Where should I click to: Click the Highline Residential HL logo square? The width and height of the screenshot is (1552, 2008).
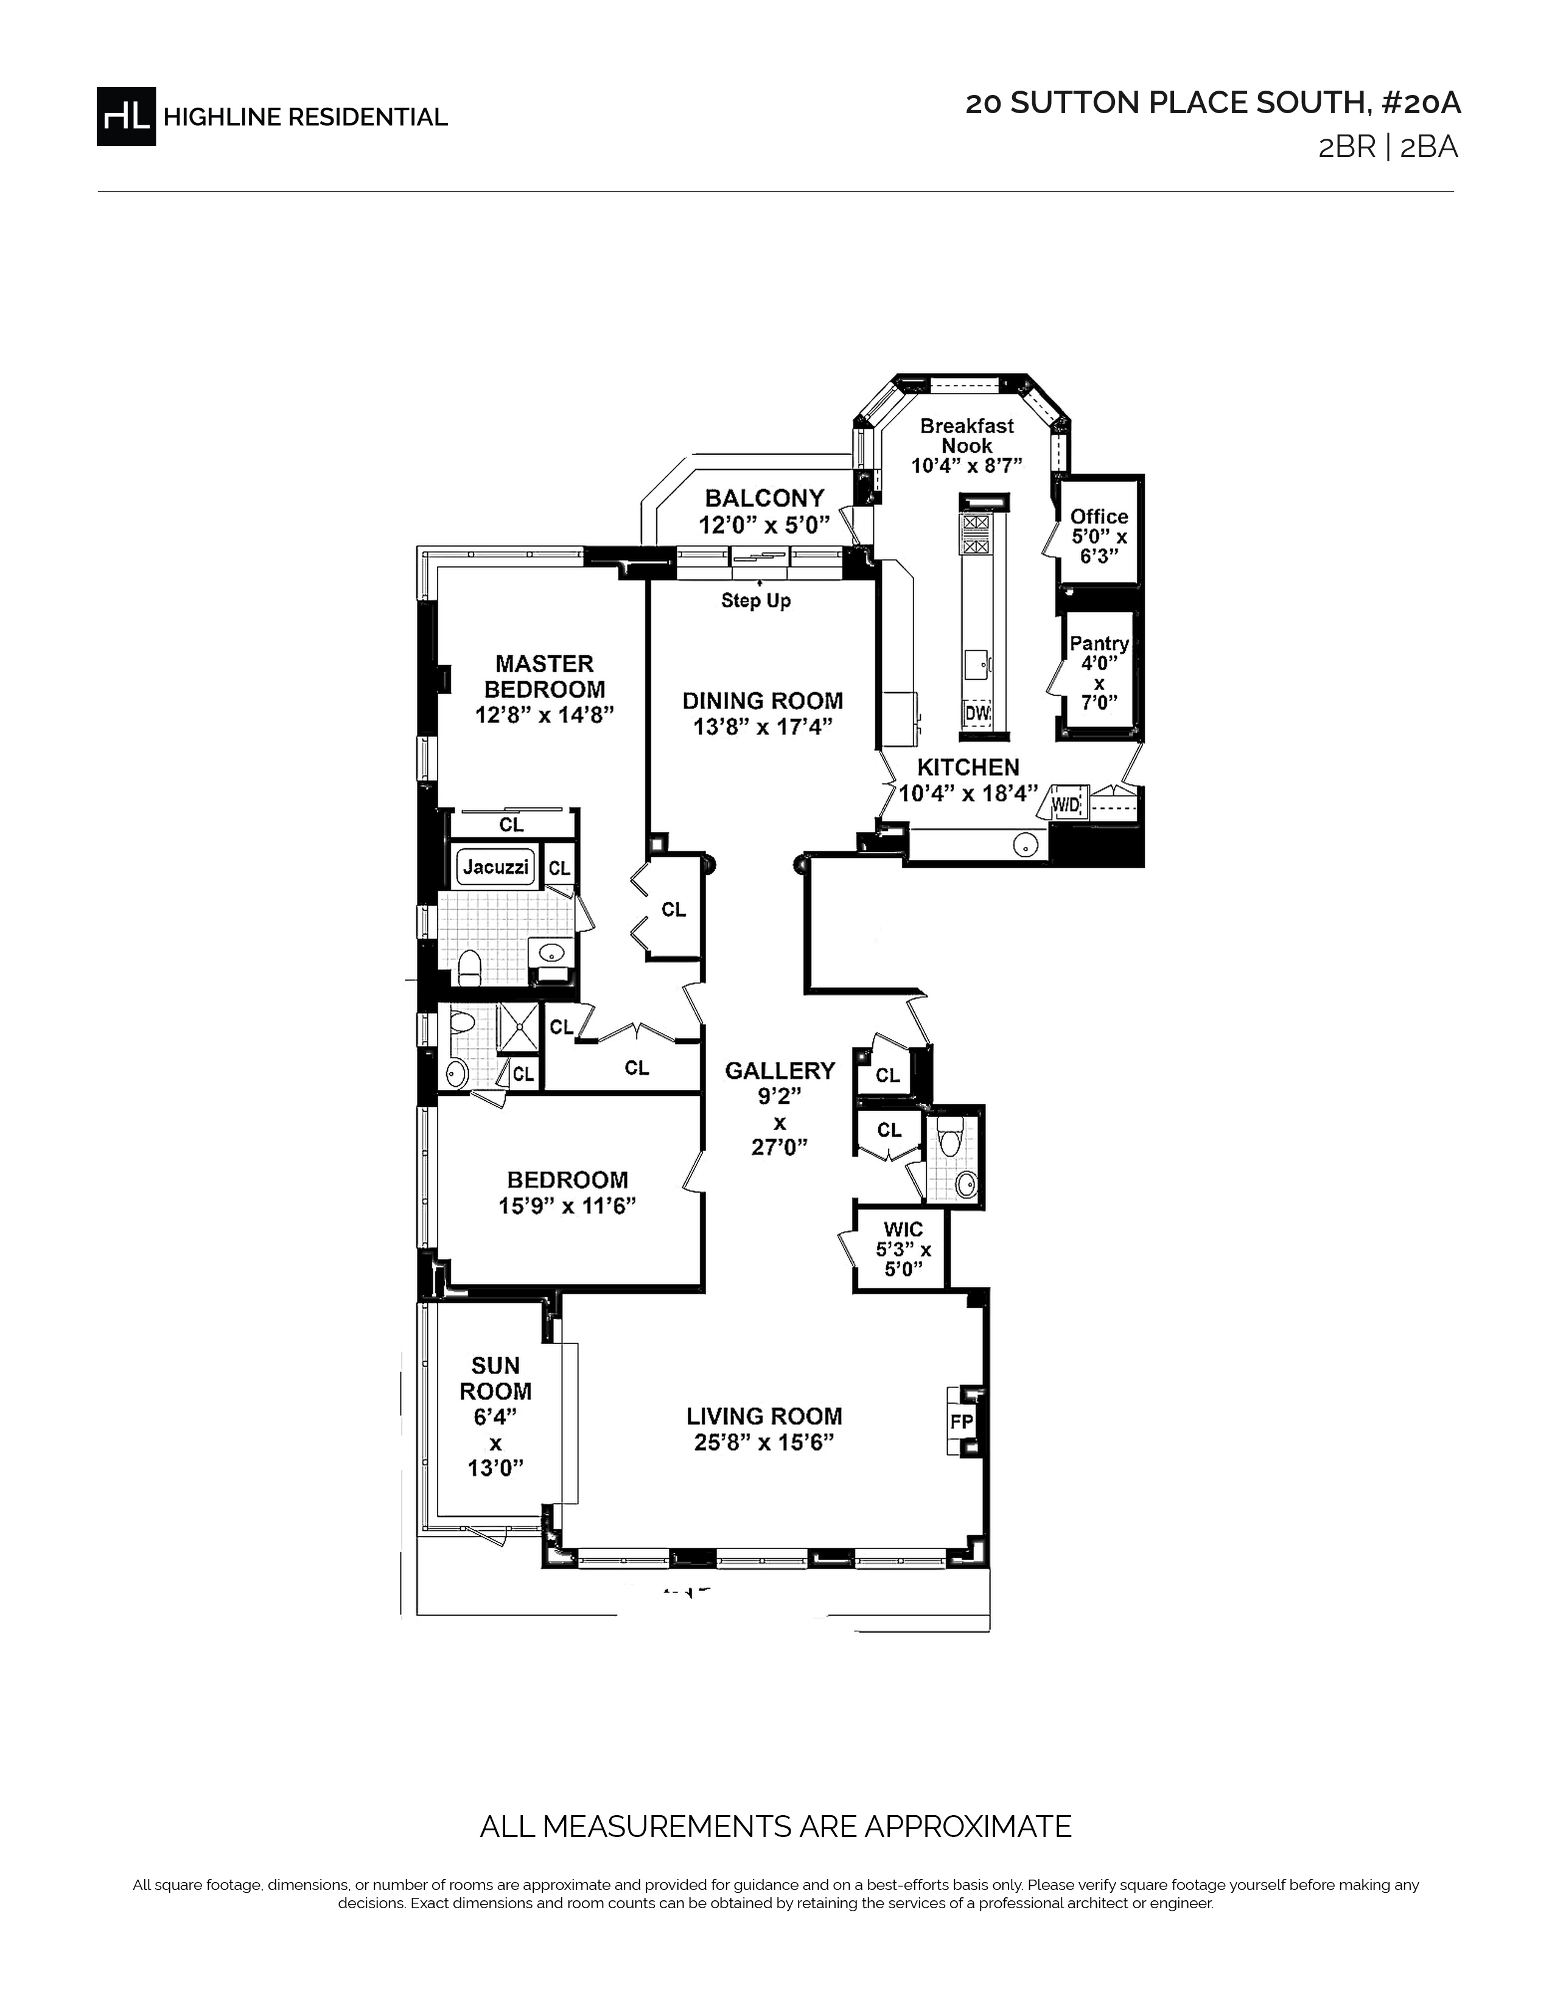126,116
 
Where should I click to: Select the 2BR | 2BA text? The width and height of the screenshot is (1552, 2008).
1388,147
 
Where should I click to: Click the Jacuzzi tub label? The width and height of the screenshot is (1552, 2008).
495,866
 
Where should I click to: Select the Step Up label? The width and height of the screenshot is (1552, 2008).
756,601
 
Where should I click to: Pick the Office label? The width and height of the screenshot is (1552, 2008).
1099,516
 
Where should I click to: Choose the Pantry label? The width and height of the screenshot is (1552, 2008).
1099,644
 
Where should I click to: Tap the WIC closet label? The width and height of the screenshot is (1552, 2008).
903,1229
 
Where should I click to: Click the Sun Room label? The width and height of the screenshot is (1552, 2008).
495,1378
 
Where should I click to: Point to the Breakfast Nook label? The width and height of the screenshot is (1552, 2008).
967,435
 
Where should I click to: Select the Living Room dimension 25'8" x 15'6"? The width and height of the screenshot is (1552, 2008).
764,1443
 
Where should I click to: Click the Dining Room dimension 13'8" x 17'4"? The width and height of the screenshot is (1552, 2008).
763,727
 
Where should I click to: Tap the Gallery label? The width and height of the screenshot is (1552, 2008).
780,1070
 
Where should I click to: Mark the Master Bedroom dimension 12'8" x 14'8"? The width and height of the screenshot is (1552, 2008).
544,714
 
